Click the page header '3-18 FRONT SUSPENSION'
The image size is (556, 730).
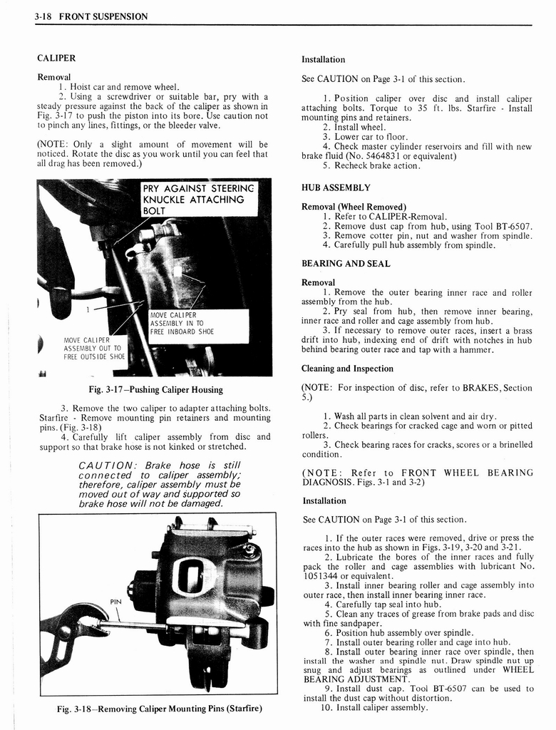click(x=91, y=16)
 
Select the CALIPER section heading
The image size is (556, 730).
click(x=56, y=58)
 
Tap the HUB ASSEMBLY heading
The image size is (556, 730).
click(x=336, y=187)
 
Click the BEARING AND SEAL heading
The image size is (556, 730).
click(x=346, y=264)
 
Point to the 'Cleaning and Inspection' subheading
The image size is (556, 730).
click(x=347, y=369)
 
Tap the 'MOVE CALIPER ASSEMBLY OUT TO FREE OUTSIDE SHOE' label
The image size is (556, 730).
click(x=94, y=348)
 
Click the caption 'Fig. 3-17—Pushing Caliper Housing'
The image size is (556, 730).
click(x=155, y=390)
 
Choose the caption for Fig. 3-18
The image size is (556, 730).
click(x=160, y=709)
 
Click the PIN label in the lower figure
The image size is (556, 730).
click(x=115, y=602)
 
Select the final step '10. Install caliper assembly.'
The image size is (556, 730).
click(x=375, y=708)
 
